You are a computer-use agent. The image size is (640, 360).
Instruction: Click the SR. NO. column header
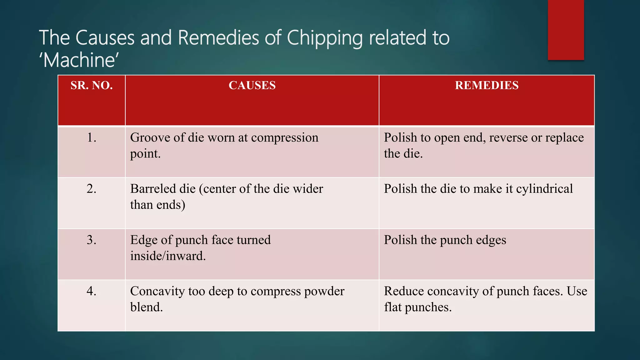click(92, 85)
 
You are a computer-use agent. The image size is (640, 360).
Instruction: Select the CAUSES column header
click(252, 85)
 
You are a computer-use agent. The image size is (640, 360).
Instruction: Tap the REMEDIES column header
click(487, 85)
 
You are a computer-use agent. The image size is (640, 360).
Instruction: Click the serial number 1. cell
click(92, 138)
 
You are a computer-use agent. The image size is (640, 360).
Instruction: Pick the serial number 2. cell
click(92, 189)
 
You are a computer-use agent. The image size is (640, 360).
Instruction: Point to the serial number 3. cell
click(92, 240)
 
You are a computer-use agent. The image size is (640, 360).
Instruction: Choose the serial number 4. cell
click(92, 291)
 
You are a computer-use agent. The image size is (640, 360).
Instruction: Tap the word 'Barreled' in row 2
click(153, 189)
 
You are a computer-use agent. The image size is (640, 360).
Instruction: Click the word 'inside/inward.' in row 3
click(168, 256)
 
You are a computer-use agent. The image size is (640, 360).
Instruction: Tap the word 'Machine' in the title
click(79, 60)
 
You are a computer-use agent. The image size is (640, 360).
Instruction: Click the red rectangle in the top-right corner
click(566, 30)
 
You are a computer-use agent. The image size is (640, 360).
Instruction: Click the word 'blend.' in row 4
click(147, 307)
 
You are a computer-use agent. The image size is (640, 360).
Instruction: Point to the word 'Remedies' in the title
click(219, 38)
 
